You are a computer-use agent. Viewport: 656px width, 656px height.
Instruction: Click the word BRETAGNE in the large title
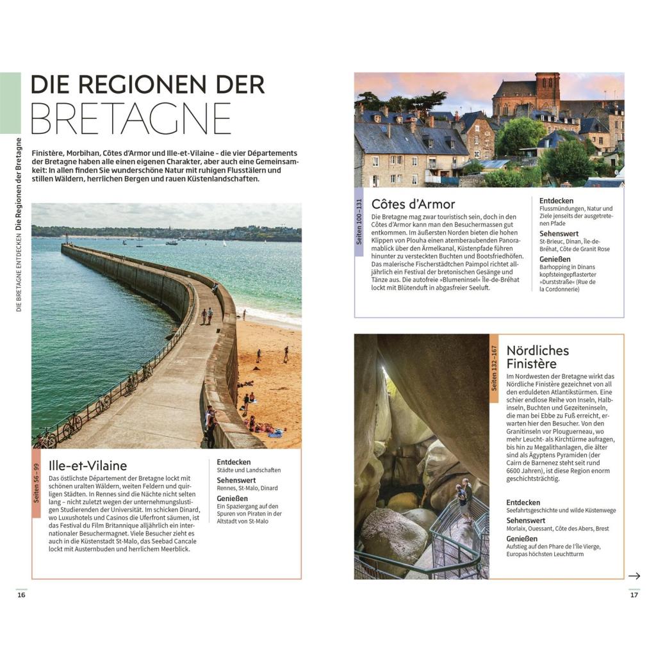131,118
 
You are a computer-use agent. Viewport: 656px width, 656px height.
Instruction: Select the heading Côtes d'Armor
413,204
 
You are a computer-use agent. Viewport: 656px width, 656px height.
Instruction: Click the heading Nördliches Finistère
537,357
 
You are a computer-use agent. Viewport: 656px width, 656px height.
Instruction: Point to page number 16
21,595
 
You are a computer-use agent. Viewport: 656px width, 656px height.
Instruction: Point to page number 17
634,595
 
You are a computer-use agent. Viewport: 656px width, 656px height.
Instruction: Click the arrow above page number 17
634,576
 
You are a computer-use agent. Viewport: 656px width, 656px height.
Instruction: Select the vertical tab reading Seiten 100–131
359,222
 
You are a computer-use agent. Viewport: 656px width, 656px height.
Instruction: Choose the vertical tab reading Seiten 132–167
494,368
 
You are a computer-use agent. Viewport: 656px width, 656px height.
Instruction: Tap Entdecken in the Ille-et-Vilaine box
234,462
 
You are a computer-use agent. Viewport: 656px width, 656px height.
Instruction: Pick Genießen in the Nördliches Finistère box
523,539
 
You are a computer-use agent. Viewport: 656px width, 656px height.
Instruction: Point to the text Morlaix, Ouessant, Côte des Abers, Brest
557,529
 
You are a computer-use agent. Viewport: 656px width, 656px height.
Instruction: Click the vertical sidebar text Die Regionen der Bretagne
19,183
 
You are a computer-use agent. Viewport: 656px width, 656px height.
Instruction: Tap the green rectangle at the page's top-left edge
10,102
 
